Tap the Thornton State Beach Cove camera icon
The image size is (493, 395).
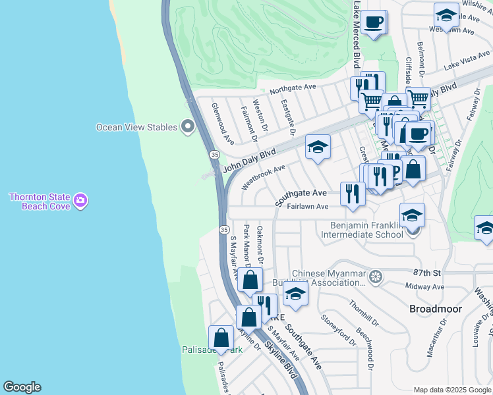click(81, 199)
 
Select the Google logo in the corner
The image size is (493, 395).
click(22, 387)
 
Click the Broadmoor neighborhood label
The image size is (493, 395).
click(436, 308)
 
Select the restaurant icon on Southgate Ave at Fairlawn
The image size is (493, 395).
click(353, 194)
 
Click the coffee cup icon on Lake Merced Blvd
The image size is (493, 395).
click(374, 22)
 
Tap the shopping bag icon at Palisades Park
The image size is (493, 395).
click(221, 338)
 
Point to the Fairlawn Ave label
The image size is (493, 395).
click(308, 206)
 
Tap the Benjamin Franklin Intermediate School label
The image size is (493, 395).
click(366, 229)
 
